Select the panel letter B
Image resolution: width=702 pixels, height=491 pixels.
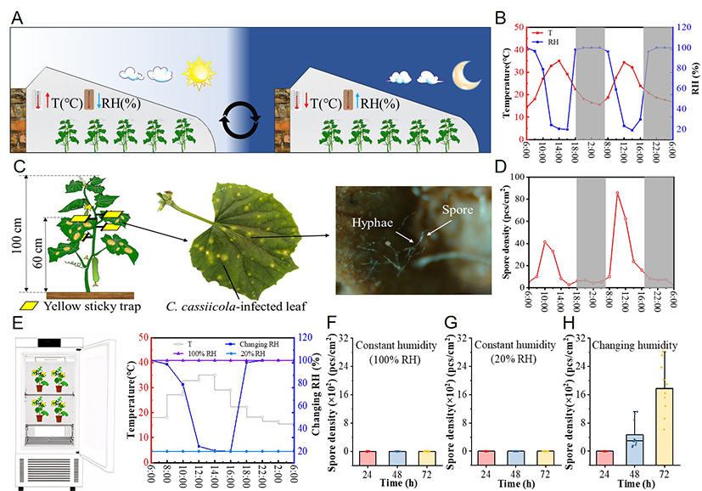coord(500,16)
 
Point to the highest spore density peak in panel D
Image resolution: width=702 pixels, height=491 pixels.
coord(617,193)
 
